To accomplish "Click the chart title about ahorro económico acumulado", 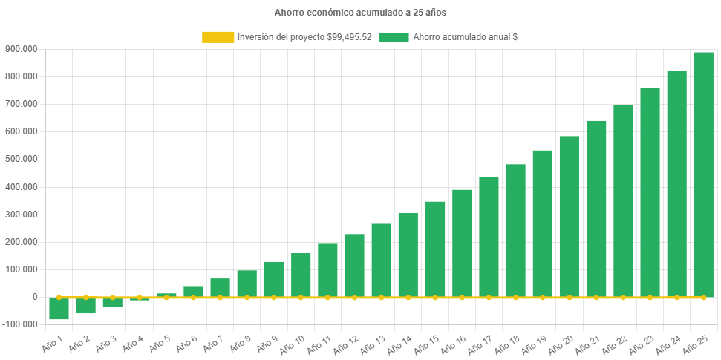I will point(360,13).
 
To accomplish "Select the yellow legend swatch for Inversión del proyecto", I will point(218,37).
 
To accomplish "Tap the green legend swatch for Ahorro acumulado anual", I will point(394,37).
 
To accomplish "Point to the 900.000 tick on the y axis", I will point(21,49).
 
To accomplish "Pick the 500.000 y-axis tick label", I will point(21,159).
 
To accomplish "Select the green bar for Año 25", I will point(703,174).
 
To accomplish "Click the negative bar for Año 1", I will point(59,309).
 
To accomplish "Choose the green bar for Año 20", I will point(569,216).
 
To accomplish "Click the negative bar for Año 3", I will point(112,302).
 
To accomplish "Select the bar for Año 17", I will point(489,237).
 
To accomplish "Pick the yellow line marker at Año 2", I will point(85,297).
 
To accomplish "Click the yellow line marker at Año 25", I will point(703,297).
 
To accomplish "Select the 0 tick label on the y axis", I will point(35,297).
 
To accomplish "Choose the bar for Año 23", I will point(650,193).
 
